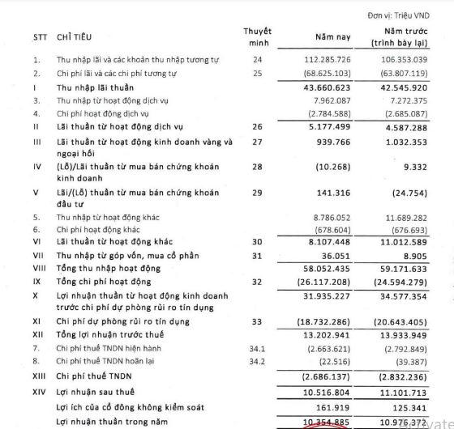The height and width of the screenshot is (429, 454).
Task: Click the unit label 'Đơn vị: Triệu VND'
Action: (x=409, y=14)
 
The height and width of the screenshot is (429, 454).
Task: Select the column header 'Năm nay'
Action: (x=328, y=36)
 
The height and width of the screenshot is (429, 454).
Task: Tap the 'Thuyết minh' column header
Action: (x=257, y=36)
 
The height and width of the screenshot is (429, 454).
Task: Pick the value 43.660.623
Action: (x=329, y=87)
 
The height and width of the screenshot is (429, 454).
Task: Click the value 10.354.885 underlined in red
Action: (x=328, y=422)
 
